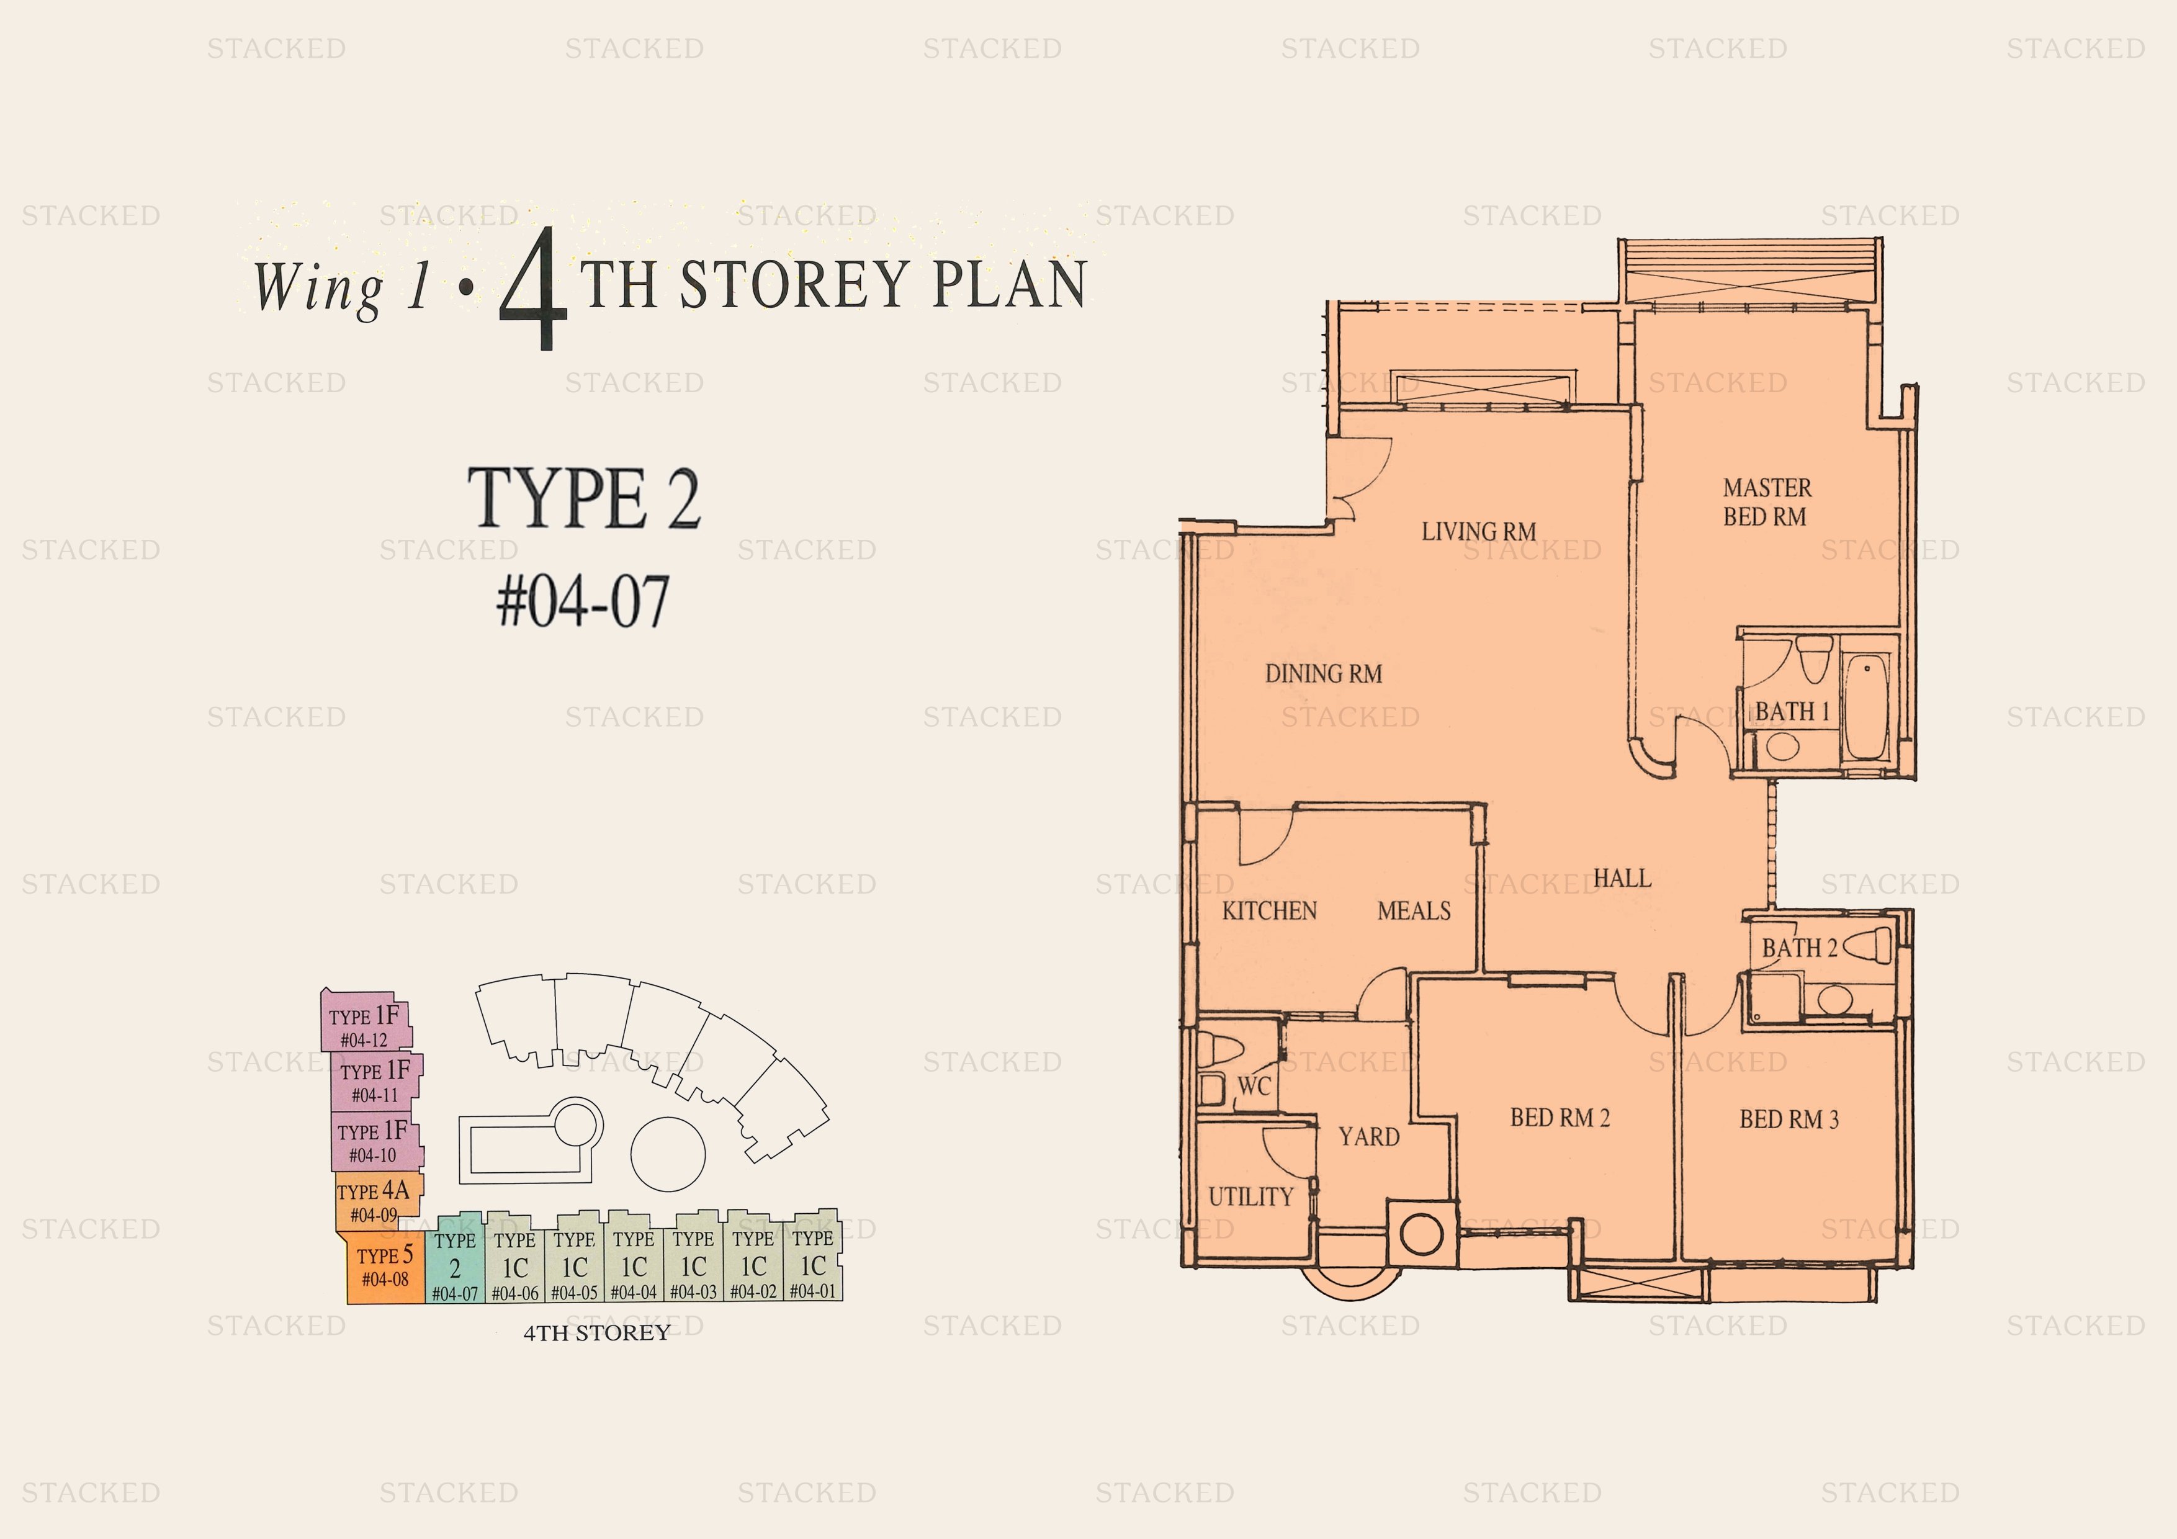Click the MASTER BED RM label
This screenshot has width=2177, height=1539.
coord(1766,501)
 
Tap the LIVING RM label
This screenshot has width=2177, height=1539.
coord(1478,531)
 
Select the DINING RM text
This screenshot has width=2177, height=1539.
coord(1324,673)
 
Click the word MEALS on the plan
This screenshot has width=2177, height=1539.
coord(1414,910)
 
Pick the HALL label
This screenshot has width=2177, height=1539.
coord(1622,878)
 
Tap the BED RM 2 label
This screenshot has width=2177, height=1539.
coord(1560,1118)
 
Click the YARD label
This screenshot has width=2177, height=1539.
coord(1368,1136)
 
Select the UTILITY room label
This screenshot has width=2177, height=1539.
coord(1250,1196)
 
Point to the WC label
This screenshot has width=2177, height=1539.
coord(1254,1087)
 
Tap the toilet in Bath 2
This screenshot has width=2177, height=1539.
coord(1867,946)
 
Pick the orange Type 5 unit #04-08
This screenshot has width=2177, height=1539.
coord(384,1267)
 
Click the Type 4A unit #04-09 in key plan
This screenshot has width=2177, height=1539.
coord(377,1201)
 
